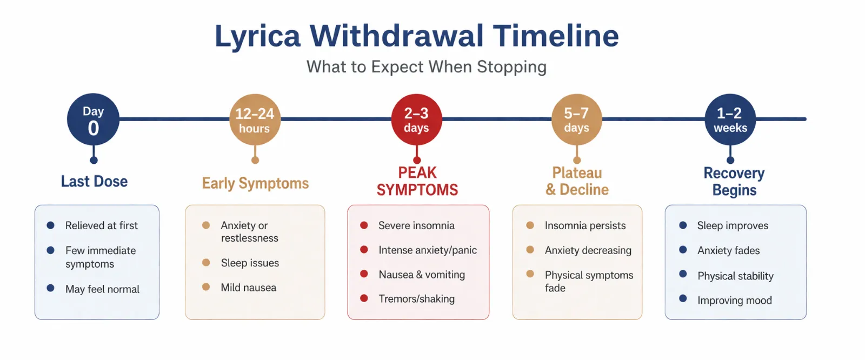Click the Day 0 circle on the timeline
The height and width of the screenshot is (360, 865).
pyautogui.click(x=93, y=119)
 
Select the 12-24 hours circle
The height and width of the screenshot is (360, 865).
pyautogui.click(x=255, y=119)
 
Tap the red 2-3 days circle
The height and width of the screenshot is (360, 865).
pyautogui.click(x=416, y=119)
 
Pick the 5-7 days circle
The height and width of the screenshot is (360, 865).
pyautogui.click(x=576, y=119)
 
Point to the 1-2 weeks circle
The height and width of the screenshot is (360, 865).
pyautogui.click(x=730, y=119)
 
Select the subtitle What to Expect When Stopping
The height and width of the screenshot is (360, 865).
pyautogui.click(x=427, y=67)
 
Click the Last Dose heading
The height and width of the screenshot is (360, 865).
pyautogui.click(x=94, y=181)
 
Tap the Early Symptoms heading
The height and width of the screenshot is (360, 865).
pyautogui.click(x=255, y=183)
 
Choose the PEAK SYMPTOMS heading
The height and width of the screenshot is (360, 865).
pyautogui.click(x=417, y=181)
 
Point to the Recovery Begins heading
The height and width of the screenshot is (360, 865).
pyautogui.click(x=734, y=182)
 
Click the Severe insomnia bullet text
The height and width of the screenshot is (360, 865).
pyautogui.click(x=416, y=225)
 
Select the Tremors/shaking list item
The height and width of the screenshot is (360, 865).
pyautogui.click(x=416, y=298)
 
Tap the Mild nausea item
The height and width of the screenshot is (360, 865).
pyautogui.click(x=248, y=288)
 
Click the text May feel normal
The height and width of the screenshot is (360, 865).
pyautogui.click(x=102, y=289)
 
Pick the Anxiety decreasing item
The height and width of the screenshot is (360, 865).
pyautogui.click(x=588, y=250)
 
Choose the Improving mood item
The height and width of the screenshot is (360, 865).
pyautogui.click(x=735, y=301)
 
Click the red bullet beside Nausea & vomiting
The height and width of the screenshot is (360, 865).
pyautogui.click(x=364, y=274)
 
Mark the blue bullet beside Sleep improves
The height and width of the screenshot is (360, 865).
pyautogui.click(x=683, y=225)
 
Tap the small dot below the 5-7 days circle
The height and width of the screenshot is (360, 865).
pyautogui.click(x=577, y=161)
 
